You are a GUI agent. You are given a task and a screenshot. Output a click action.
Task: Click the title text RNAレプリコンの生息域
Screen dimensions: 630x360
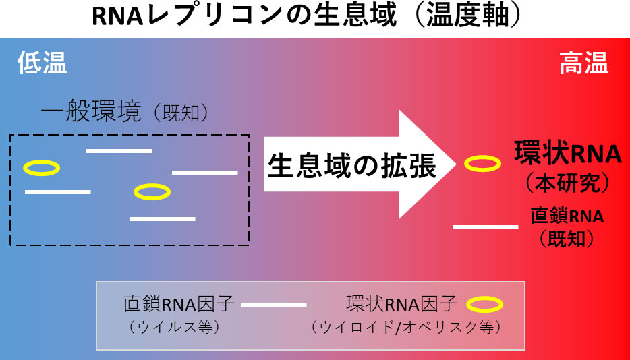(243, 17)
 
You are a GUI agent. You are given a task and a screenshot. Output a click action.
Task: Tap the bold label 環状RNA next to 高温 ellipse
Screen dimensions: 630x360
(567, 153)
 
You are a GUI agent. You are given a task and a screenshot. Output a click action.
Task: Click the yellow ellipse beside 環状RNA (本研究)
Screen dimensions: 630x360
(483, 162)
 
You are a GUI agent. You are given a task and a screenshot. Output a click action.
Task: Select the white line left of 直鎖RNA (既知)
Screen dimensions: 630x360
(486, 227)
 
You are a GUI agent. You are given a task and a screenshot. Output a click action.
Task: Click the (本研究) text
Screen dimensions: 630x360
(568, 182)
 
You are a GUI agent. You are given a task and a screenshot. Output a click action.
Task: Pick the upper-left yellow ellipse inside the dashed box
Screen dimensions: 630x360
(42, 168)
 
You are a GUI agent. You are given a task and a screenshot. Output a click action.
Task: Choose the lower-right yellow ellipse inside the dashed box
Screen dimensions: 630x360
(152, 192)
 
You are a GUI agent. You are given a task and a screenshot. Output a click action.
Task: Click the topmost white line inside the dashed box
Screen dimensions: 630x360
(119, 150)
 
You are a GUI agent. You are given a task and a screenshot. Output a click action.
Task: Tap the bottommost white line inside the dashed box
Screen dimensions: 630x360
(162, 219)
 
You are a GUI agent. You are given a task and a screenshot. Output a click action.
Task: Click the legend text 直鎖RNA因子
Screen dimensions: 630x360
(179, 304)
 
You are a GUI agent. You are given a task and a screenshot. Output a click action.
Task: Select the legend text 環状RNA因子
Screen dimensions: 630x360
(402, 304)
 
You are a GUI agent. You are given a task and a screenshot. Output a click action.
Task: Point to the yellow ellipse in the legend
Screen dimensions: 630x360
(485, 305)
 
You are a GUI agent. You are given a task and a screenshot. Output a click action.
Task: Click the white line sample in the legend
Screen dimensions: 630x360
(274, 305)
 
